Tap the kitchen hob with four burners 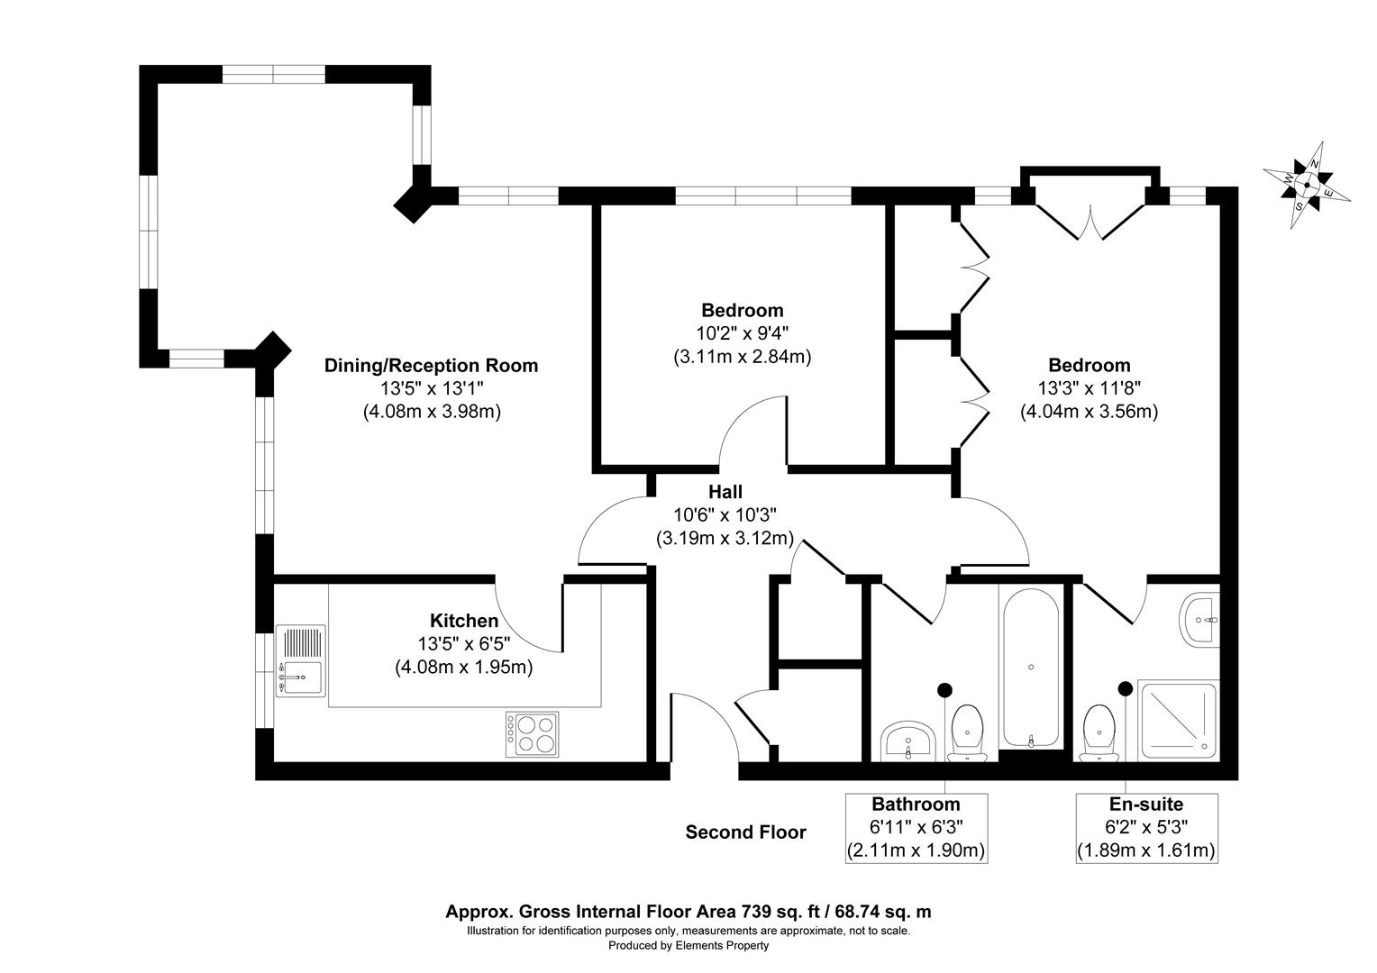click(532, 732)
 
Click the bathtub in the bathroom click(1030, 668)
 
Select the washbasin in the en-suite click(1199, 619)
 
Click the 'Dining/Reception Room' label click(431, 366)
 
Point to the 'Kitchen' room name click(463, 621)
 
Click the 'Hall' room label click(725, 492)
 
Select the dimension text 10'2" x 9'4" click(743, 333)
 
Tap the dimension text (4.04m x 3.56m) click(1089, 412)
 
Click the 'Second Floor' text click(745, 832)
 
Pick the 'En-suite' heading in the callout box click(1146, 805)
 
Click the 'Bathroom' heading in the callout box click(916, 805)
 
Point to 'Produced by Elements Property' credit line click(688, 946)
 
